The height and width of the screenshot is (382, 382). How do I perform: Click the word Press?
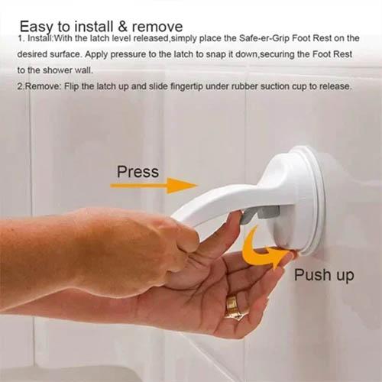(138, 171)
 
